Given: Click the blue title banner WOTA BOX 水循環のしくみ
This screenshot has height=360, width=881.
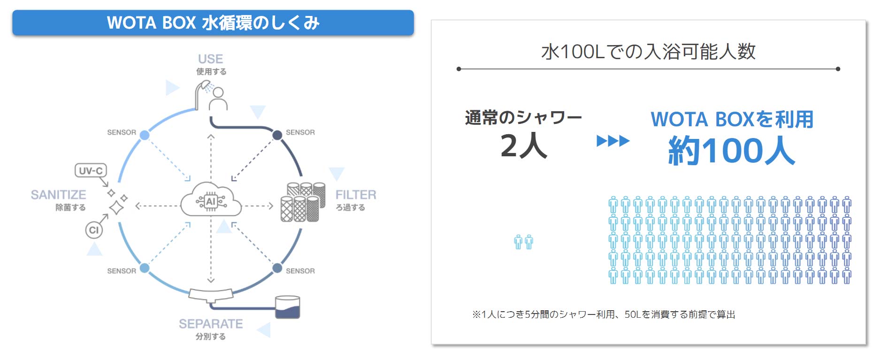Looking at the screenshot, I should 213,23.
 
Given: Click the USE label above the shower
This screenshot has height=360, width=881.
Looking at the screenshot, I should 210,59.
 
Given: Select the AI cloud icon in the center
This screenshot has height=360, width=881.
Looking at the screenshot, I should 211,201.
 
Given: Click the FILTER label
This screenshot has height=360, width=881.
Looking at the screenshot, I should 355,194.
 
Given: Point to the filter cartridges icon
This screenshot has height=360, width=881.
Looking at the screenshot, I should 303,202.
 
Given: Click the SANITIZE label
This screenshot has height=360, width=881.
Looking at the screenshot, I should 59,194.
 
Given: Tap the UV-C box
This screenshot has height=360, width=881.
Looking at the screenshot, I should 91,170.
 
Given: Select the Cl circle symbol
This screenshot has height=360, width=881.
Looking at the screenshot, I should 94,230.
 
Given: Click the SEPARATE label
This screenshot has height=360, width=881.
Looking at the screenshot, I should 211,324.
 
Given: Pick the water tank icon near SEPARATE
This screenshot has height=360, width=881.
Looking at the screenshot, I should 287,307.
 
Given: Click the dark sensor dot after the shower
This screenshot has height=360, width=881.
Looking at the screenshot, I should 277,135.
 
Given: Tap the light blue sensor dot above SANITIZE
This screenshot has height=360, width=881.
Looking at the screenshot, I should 145,135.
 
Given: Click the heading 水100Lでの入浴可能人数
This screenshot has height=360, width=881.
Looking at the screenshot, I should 648,52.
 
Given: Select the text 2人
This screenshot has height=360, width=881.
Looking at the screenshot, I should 523,146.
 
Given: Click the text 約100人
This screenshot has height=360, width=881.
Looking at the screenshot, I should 731,150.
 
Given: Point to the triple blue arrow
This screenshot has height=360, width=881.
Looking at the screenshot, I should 613,141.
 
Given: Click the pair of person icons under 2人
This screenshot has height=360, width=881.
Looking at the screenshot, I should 523,242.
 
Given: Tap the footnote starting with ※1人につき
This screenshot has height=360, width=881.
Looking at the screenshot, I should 604,314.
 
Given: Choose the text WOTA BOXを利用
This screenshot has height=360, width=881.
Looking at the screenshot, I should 731,119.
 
